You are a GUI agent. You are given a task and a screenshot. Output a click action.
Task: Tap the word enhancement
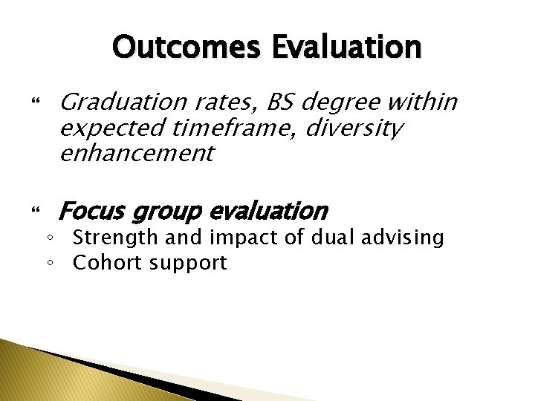tap(136, 154)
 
